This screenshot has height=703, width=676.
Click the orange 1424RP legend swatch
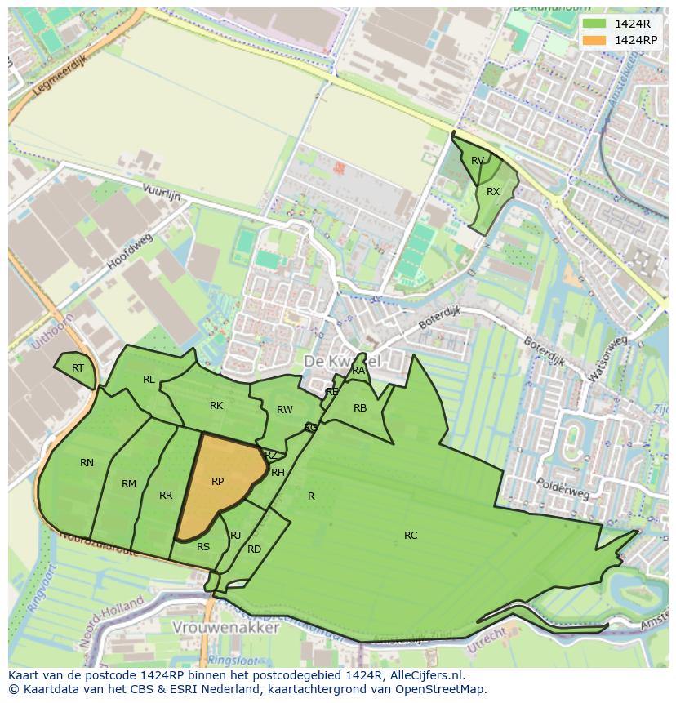tap(594, 40)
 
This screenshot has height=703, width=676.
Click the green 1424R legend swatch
tap(594, 24)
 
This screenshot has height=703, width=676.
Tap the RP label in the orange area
tap(217, 482)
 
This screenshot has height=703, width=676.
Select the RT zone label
tap(78, 368)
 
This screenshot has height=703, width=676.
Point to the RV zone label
tap(478, 161)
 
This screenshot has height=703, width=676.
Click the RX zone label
tap(493, 192)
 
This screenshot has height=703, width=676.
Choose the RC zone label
tap(411, 536)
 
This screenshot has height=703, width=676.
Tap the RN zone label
tap(87, 463)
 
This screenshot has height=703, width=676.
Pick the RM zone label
tap(129, 484)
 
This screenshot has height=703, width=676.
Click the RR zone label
tap(166, 496)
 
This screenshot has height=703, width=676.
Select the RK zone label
tap(216, 406)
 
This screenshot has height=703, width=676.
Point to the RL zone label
tap(149, 380)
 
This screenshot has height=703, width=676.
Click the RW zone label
tap(284, 410)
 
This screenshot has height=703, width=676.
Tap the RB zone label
tap(360, 408)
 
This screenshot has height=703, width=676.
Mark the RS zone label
tap(203, 547)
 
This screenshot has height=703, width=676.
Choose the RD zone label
tap(254, 549)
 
